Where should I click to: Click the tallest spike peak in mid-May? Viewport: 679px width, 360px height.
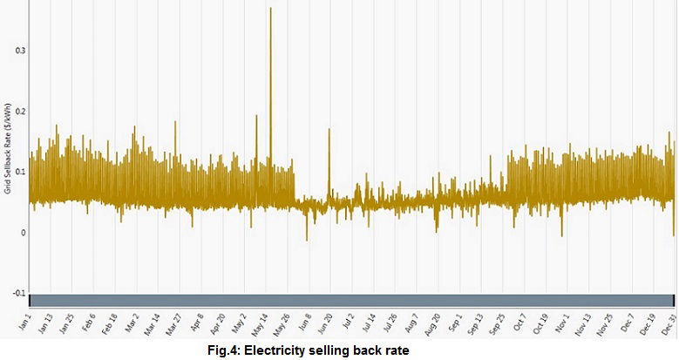pos(270,9)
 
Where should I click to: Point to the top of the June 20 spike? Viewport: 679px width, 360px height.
pos(329,130)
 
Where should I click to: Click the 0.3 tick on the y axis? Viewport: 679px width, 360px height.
pos(21,51)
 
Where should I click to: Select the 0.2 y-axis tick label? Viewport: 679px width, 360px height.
pos(21,112)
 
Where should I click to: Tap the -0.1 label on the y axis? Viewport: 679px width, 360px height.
pos(20,294)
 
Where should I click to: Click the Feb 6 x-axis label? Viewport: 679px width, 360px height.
pos(88,324)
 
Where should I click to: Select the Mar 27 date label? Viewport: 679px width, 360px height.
pos(173,325)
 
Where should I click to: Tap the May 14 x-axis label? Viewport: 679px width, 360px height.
pos(259,325)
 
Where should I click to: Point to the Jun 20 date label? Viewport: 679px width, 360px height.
pos(323,325)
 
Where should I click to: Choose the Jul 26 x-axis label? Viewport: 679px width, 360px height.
pos(388,325)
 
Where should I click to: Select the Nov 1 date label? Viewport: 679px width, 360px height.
pos(561,324)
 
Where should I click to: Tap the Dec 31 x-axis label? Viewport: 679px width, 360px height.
pos(667,325)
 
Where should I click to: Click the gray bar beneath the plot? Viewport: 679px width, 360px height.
pos(349,300)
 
